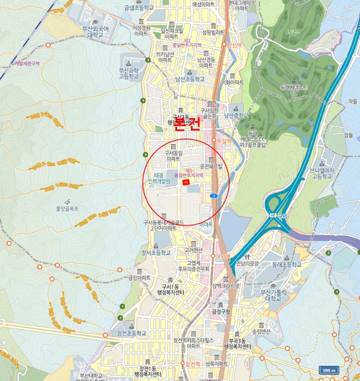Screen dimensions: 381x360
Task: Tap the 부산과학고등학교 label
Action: (x=129, y=73)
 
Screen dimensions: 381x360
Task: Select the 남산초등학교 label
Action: (x=190, y=79)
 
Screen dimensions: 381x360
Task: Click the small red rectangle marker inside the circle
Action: (x=187, y=183)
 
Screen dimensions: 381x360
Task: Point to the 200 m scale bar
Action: (x=329, y=371)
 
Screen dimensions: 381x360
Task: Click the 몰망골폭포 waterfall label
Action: (x=67, y=208)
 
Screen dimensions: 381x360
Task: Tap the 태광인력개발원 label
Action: (x=159, y=178)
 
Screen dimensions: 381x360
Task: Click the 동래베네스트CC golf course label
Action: (x=294, y=90)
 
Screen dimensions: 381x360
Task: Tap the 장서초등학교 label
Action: (x=156, y=253)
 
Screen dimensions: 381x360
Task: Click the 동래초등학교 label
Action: (x=286, y=265)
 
